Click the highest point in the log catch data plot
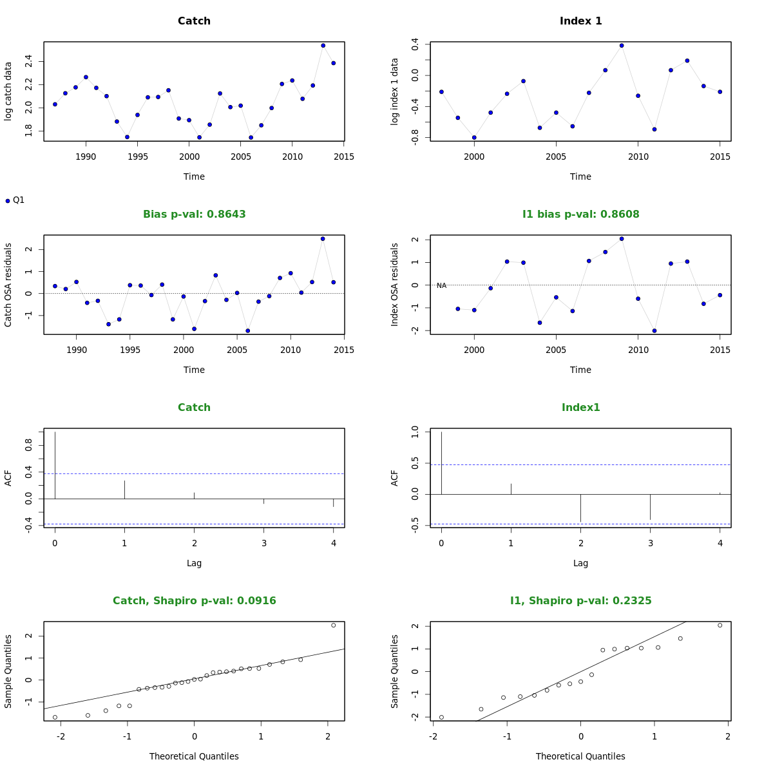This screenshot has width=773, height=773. click(323, 45)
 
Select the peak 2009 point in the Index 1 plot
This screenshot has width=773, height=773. click(622, 45)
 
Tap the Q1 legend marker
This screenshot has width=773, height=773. click(8, 201)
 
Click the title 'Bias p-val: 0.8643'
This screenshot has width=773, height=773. click(194, 214)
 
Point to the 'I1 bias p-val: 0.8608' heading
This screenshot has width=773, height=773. click(580, 214)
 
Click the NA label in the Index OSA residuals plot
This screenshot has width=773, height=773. click(441, 285)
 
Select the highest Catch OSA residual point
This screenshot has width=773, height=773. click(323, 238)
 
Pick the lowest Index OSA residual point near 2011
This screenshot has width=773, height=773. click(654, 330)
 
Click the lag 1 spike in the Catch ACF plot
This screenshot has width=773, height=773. click(124, 490)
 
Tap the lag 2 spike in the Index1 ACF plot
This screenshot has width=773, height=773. click(581, 508)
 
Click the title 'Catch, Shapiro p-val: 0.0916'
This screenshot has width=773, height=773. click(194, 600)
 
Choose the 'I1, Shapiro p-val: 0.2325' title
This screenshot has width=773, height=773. click(580, 600)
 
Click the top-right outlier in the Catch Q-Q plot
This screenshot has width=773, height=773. click(334, 625)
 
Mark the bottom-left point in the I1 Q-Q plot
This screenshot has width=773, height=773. click(441, 717)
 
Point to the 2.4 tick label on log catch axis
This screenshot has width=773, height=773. click(28, 61)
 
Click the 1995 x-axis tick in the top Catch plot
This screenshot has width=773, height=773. click(137, 156)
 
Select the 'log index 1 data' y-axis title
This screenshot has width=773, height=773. click(395, 91)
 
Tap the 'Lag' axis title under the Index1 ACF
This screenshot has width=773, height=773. click(580, 563)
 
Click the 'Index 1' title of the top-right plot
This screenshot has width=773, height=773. click(580, 21)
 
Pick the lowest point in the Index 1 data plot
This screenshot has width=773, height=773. click(474, 137)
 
